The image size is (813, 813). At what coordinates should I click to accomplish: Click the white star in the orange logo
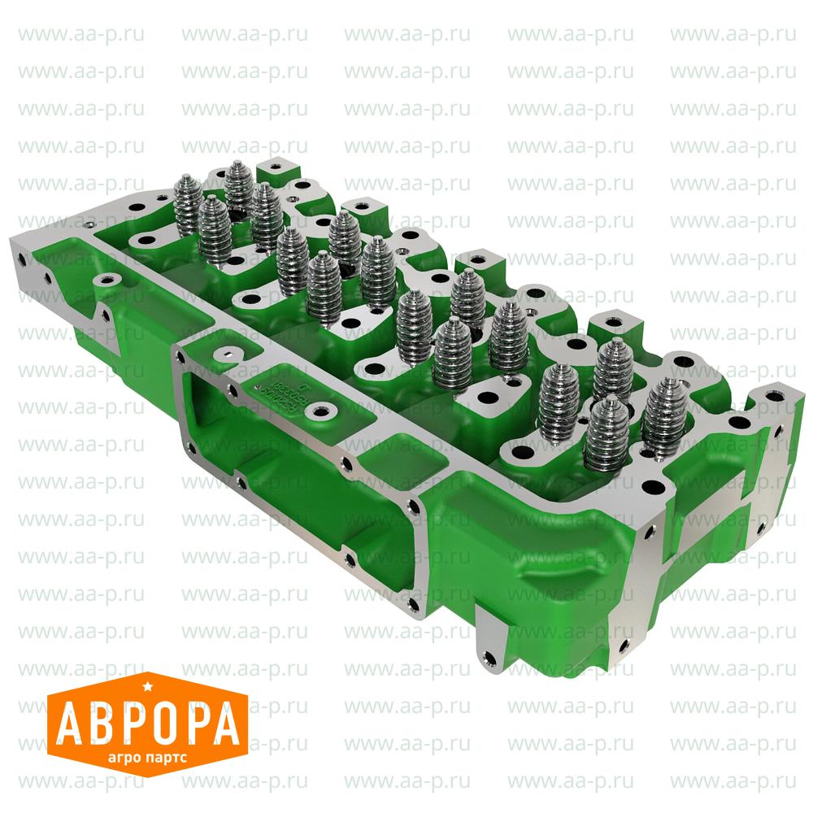coord(146,689)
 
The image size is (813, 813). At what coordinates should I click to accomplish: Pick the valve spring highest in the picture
coord(237,183)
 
